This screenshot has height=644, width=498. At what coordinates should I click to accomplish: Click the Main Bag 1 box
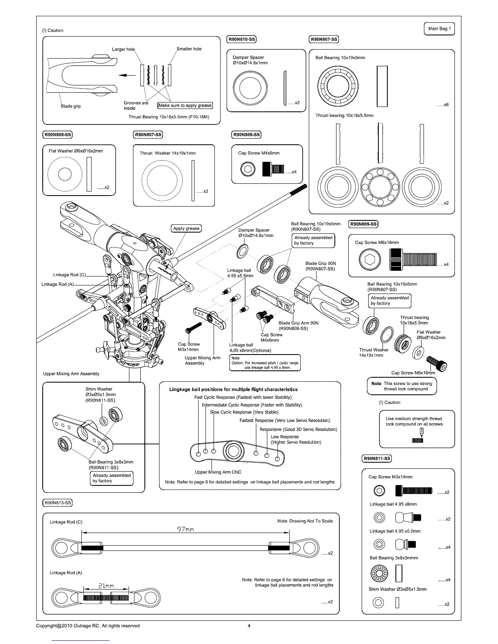point(439,29)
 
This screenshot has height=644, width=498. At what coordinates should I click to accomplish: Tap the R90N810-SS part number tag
point(241,39)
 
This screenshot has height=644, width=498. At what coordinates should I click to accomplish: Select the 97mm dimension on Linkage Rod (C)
point(186,529)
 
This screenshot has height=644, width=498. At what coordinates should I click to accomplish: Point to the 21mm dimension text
point(106,585)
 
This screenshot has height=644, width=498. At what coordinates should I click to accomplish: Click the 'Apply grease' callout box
point(186,228)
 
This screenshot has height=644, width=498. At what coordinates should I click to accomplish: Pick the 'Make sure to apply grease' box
point(185,105)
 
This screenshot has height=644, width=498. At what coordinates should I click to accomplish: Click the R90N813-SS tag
point(57,503)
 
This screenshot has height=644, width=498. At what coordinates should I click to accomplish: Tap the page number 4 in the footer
point(249,626)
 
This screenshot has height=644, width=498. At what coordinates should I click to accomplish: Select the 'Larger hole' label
point(123,49)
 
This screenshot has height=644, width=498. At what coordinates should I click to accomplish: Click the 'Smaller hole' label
point(189,49)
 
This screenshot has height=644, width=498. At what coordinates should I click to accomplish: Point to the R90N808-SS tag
point(246,135)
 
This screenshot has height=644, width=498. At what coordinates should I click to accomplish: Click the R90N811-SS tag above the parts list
point(377,459)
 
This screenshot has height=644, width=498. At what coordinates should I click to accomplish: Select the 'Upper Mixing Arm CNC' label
point(218,472)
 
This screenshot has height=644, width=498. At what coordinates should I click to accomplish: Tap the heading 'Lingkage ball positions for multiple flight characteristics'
point(233,389)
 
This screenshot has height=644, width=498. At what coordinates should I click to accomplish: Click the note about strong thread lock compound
point(402,386)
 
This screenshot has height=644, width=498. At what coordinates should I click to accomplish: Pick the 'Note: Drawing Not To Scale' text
point(305,521)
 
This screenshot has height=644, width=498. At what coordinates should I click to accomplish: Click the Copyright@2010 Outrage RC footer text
point(88,626)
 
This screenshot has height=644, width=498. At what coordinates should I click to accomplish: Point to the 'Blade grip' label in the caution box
point(71,106)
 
